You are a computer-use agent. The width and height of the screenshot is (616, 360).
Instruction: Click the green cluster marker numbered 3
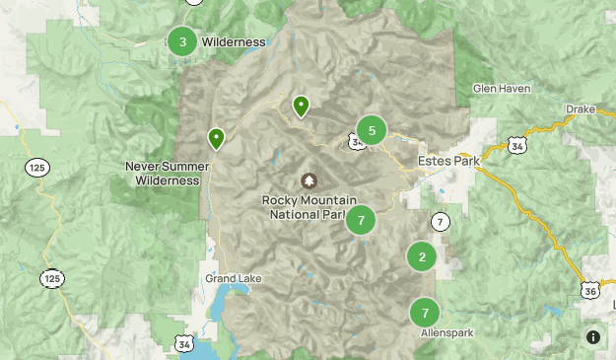182,41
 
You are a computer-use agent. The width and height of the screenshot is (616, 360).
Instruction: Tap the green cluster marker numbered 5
372,129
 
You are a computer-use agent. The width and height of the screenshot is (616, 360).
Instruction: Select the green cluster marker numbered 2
422,257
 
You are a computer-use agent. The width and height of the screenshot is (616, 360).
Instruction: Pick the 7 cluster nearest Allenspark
425,314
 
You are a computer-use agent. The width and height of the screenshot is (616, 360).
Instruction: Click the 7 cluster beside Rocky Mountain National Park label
361,220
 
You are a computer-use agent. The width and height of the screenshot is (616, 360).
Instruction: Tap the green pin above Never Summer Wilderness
216,138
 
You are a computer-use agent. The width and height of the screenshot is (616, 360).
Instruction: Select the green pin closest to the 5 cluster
301,106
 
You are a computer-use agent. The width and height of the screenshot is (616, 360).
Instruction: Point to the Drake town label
580,108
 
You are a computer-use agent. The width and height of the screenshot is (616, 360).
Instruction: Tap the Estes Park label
447,160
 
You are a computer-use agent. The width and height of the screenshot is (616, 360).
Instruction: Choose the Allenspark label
446,333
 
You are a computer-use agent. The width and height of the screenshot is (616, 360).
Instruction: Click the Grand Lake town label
234,279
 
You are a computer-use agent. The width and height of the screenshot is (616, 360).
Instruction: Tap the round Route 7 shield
440,221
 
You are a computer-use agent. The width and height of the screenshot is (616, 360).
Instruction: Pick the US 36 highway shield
588,290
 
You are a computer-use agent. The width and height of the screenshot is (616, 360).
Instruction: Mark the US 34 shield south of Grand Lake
183,343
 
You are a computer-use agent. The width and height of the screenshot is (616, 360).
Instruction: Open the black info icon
593,337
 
